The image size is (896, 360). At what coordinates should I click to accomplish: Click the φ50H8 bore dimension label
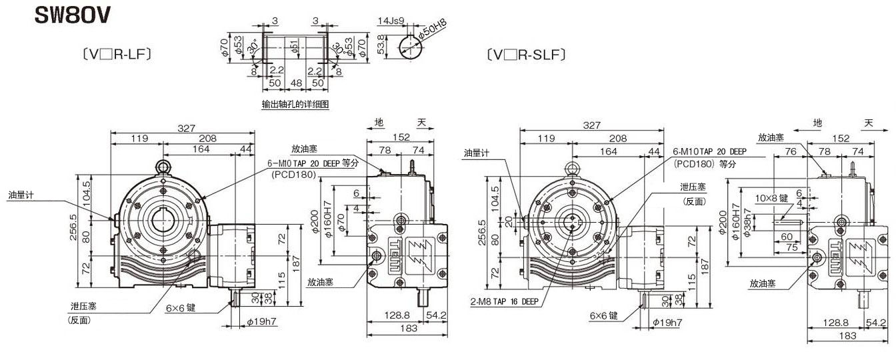(x=433, y=29)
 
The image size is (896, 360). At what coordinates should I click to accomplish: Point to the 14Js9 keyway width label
(x=391, y=21)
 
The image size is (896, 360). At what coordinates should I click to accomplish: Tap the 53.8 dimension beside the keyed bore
(x=381, y=45)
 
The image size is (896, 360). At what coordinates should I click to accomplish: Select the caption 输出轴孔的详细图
(x=295, y=105)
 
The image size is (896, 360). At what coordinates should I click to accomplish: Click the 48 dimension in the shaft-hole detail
(x=296, y=83)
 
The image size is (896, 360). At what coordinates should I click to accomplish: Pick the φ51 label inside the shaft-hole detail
(x=295, y=46)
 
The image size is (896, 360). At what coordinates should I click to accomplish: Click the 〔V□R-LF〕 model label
(x=117, y=54)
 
